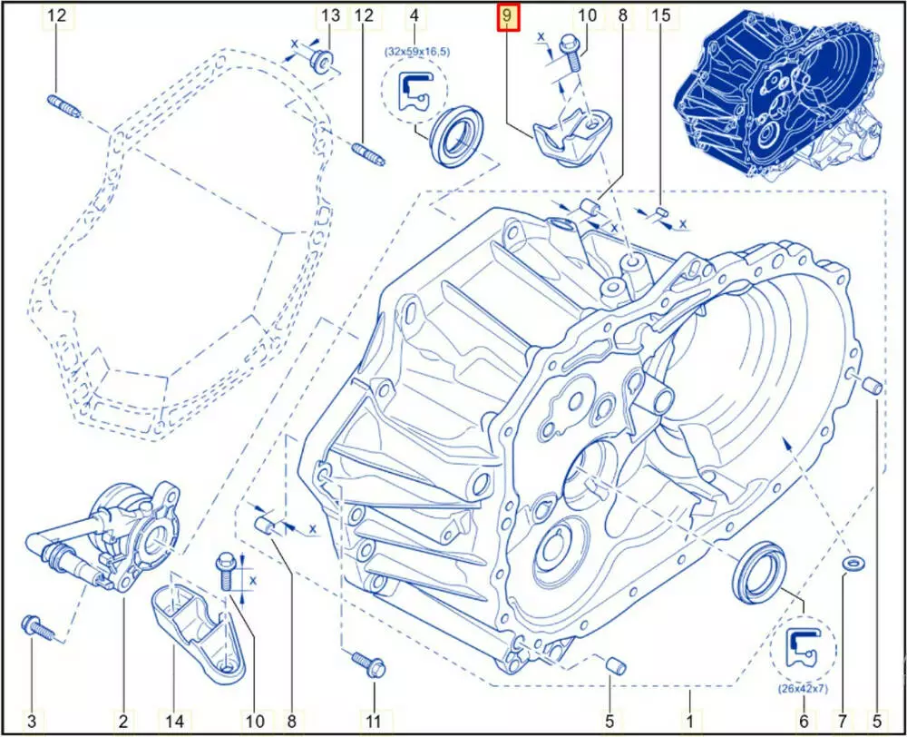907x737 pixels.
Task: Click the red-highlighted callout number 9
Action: click(507, 17)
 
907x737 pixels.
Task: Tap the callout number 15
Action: click(661, 15)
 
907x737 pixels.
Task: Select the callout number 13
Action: click(330, 15)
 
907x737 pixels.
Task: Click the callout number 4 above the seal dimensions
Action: click(414, 15)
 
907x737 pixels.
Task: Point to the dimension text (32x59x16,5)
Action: click(416, 52)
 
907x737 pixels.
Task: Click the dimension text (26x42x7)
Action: click(804, 689)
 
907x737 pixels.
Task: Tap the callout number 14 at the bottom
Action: click(175, 722)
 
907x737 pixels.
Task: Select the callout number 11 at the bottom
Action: click(374, 722)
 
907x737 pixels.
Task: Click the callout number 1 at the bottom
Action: click(689, 722)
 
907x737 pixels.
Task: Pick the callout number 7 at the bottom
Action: click(842, 722)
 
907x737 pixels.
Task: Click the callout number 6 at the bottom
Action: click(804, 722)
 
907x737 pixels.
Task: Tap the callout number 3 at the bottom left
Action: click(32, 722)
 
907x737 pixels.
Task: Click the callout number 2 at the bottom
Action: click(123, 722)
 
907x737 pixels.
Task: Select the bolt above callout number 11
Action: click(369, 663)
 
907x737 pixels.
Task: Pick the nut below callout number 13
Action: click(322, 60)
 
